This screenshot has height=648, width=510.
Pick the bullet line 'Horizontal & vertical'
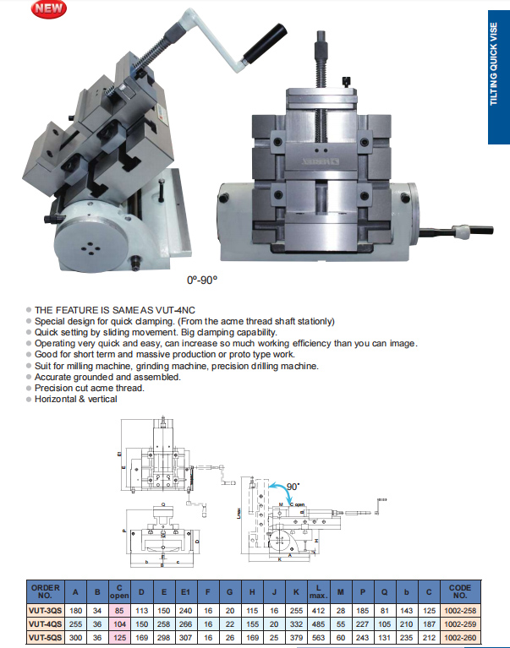[76, 399]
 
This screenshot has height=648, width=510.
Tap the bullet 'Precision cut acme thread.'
[90, 388]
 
